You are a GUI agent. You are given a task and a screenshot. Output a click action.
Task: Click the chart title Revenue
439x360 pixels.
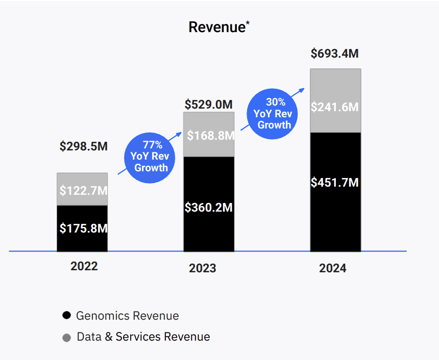click(x=217, y=28)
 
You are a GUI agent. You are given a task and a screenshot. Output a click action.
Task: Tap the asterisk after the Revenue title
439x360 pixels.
click(x=248, y=23)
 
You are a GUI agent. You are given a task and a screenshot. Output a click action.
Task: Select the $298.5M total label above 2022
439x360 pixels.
click(x=84, y=147)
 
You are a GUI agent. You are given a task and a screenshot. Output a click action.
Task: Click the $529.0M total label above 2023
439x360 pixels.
click(x=209, y=105)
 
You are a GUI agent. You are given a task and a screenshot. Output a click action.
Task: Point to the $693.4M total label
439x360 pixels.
click(x=335, y=54)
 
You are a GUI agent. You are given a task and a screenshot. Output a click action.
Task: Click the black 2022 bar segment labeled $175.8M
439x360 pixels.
click(x=82, y=228)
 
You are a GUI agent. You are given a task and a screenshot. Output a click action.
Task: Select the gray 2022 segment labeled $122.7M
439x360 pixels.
click(x=82, y=190)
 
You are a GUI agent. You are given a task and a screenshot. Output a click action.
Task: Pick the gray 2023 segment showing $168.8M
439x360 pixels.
click(x=209, y=136)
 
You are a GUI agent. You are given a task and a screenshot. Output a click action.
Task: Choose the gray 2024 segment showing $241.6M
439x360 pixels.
click(x=335, y=107)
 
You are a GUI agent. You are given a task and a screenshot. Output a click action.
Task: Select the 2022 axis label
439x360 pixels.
click(x=84, y=266)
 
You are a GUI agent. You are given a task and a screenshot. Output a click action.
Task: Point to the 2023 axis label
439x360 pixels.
click(x=203, y=268)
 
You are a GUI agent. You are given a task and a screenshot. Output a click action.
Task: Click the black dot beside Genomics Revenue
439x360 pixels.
click(x=66, y=316)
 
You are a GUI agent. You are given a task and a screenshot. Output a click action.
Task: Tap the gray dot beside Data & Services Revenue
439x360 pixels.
click(x=66, y=338)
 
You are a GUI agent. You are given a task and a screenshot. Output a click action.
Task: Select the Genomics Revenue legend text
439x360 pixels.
click(x=127, y=316)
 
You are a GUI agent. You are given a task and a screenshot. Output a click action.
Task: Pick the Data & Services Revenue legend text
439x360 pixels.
click(x=143, y=337)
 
